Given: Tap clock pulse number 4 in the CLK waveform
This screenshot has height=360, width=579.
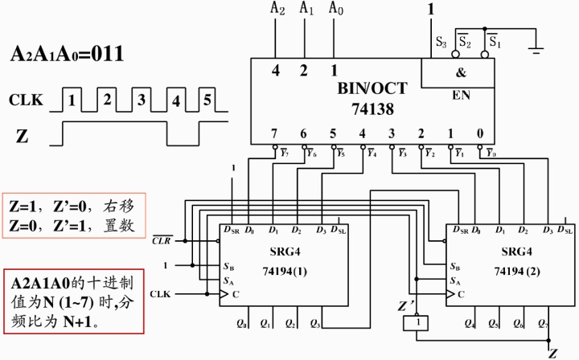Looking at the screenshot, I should (x=175, y=101).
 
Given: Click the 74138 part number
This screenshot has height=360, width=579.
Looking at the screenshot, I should (x=368, y=106).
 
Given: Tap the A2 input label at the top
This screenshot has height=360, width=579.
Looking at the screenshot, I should (x=277, y=10).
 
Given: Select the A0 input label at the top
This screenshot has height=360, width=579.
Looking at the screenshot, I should (x=335, y=10).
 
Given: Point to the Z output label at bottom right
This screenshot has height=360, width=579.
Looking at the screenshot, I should (x=552, y=352).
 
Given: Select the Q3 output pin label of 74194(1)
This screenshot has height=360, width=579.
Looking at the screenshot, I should (x=316, y=325).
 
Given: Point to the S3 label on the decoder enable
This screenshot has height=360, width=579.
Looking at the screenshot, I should (x=440, y=41).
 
